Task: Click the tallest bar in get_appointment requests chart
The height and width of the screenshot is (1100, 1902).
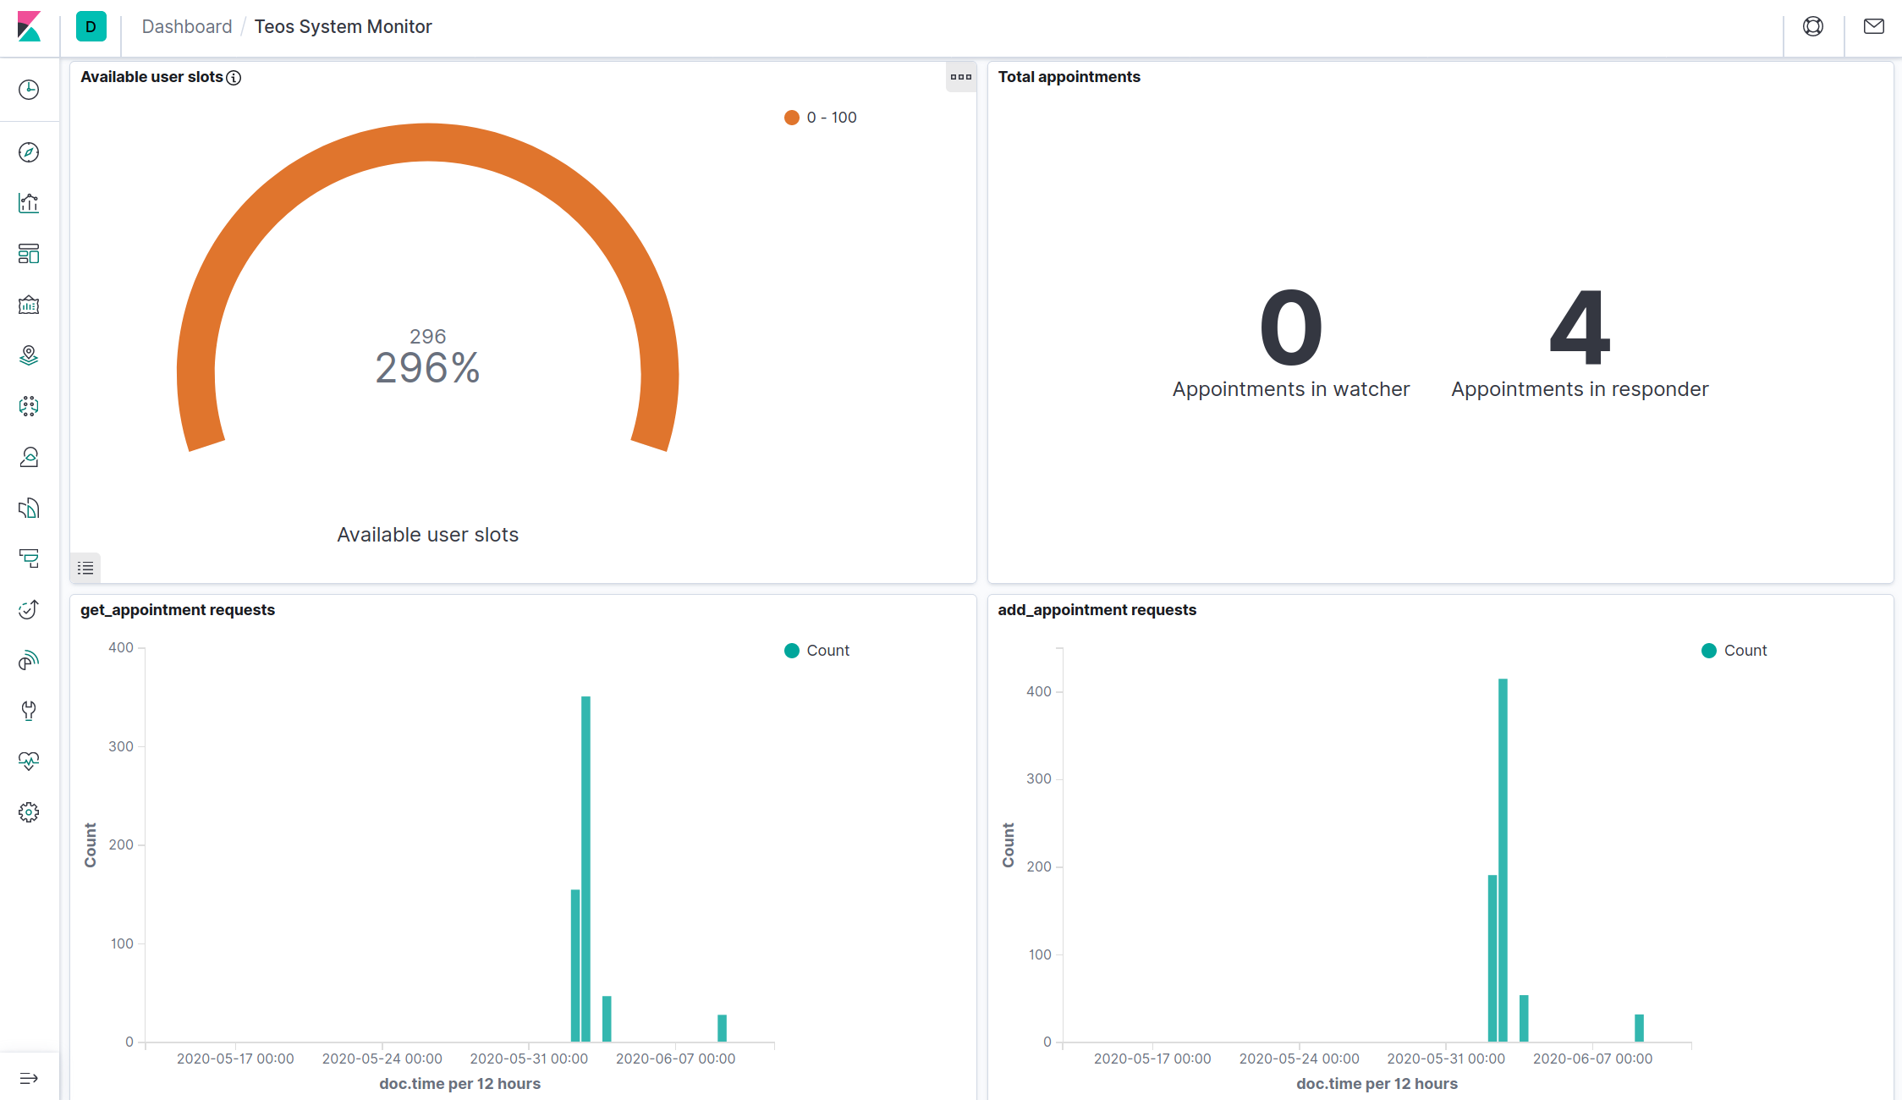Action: coord(585,869)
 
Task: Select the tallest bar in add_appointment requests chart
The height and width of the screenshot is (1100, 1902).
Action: coord(1503,860)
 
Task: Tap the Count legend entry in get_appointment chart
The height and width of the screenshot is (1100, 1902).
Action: coord(817,651)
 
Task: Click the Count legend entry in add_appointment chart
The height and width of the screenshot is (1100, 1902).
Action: coord(1734,651)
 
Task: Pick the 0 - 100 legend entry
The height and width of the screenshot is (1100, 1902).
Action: coord(821,118)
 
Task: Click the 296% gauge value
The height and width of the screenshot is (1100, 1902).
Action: coord(427,368)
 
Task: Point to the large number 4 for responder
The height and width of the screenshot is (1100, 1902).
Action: coord(1580,327)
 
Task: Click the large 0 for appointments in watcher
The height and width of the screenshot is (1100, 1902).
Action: coord(1291,327)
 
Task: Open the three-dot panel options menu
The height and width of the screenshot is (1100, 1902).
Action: coord(961,77)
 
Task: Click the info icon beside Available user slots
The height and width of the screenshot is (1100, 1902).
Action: coord(234,78)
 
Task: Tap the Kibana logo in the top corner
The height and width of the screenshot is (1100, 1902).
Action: coord(29,26)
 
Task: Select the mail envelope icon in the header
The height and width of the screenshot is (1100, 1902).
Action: coord(1874,26)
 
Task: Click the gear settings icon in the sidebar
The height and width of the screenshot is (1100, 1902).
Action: coord(29,812)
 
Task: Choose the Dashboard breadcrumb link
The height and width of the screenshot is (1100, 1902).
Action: coord(187,26)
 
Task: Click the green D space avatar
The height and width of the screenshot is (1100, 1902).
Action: coord(91,26)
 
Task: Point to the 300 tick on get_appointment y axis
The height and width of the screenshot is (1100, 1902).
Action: coord(121,746)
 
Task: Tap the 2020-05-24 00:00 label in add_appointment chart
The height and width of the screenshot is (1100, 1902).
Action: coord(1299,1059)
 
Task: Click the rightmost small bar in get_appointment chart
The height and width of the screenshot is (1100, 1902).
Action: coord(722,1028)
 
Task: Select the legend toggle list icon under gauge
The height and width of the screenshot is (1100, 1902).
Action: coord(85,568)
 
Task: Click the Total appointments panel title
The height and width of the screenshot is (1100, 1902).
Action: coord(1069,77)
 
